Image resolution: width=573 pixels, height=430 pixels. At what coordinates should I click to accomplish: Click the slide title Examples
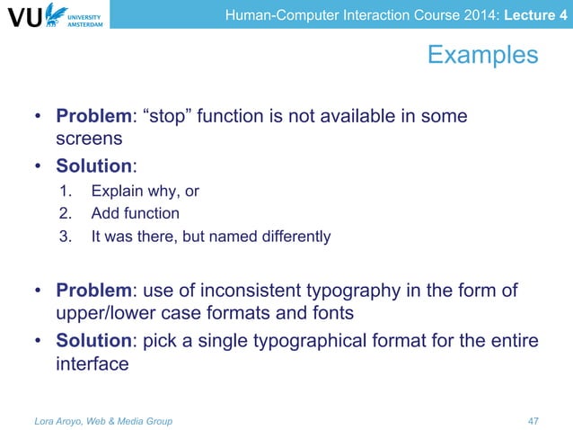point(482,56)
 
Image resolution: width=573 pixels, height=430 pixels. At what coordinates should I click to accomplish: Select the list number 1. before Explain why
point(65,191)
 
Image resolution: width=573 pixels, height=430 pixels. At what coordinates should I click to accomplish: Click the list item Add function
point(135,214)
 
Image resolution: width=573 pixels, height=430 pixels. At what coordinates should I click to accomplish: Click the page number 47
point(533,420)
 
